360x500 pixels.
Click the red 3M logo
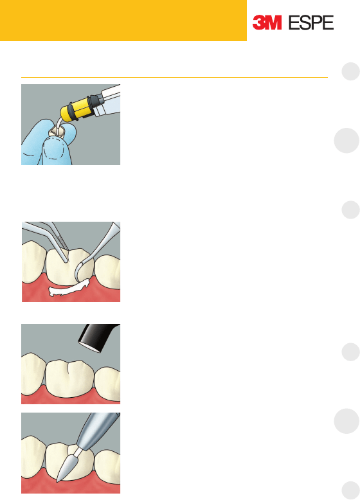267,22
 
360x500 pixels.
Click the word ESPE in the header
311,22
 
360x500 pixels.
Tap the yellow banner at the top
123,21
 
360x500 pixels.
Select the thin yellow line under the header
174,77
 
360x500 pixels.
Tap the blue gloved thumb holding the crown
57,150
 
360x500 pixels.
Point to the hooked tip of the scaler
78,272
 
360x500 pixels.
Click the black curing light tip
97,337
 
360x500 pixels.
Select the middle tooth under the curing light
70,378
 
